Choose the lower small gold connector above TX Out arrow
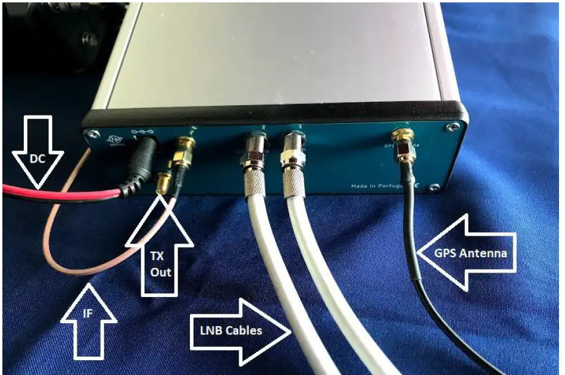pyautogui.click(x=163, y=183)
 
